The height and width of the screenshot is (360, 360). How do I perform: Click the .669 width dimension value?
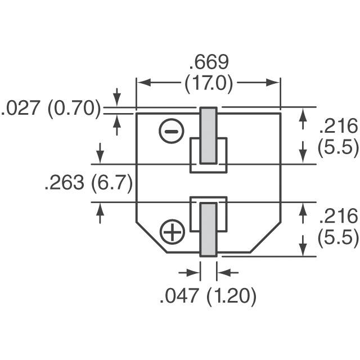pos(209,62)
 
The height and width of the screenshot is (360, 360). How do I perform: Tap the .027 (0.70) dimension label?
pos(51,109)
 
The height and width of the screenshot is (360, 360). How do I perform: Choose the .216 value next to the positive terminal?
pos(338,217)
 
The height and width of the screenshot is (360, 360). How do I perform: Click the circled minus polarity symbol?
pos(172,132)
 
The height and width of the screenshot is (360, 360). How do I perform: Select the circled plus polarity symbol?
pos(172,231)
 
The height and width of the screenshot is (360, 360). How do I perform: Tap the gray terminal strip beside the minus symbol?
pos(209,135)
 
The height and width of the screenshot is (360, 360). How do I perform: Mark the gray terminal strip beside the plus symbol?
pos(209,229)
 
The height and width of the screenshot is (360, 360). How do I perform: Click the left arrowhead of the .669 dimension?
pos(142,83)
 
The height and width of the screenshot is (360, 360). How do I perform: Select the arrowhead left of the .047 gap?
pos(196,272)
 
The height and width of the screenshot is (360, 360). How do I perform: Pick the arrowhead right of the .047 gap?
pos(221,272)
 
